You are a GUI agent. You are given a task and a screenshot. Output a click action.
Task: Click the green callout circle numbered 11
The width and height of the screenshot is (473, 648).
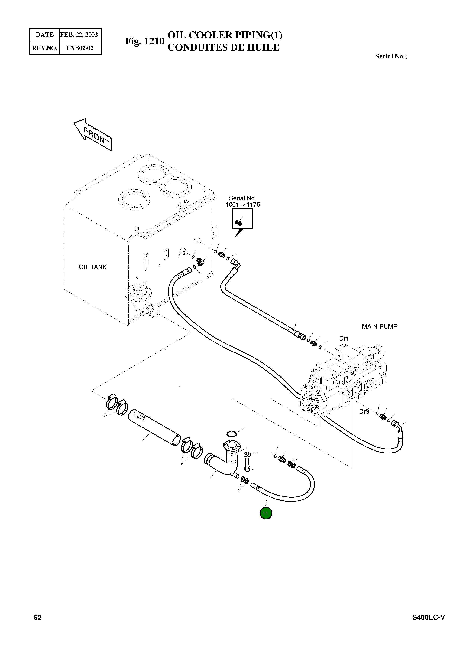266,513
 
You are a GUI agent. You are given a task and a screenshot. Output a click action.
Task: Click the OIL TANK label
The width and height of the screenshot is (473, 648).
92,267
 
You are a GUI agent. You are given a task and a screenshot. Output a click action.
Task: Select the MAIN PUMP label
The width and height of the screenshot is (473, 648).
379,327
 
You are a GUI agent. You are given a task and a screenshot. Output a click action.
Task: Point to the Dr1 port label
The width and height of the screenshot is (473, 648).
344,338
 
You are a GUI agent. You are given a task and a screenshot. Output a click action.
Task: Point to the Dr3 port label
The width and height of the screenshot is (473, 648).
364,412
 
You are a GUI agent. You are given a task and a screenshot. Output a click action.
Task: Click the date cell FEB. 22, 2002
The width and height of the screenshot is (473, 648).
79,35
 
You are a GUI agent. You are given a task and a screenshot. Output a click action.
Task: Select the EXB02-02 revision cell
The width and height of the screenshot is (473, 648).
80,48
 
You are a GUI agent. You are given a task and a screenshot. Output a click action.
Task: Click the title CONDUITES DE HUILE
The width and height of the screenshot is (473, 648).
223,47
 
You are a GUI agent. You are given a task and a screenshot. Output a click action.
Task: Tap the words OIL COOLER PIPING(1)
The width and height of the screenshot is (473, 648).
225,35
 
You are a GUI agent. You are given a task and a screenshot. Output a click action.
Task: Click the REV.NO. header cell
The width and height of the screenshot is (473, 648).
45,48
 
